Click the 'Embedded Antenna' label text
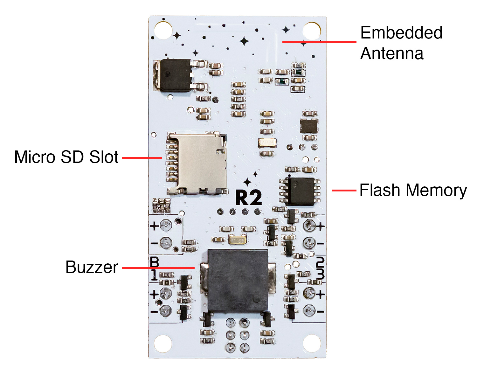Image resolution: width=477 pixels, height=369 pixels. (401, 43)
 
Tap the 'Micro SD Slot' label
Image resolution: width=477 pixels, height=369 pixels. (66, 157)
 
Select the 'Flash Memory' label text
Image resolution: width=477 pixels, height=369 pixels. (413, 190)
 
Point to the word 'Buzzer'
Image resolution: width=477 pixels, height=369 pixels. (92, 267)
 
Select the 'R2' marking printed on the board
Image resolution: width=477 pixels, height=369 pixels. (249, 198)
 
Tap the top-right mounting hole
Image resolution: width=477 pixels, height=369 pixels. (311, 31)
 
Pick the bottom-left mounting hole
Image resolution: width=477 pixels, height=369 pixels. (163, 344)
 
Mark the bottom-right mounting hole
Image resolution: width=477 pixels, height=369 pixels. (312, 344)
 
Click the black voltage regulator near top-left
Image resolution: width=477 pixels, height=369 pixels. (175, 75)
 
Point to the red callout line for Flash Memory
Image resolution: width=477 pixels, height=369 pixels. (344, 191)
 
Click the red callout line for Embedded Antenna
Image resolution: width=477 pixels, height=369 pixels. (319, 42)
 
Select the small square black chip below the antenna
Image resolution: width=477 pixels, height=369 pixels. (309, 126)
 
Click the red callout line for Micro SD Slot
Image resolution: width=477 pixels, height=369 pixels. (142, 158)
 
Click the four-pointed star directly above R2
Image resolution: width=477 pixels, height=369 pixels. (247, 182)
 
